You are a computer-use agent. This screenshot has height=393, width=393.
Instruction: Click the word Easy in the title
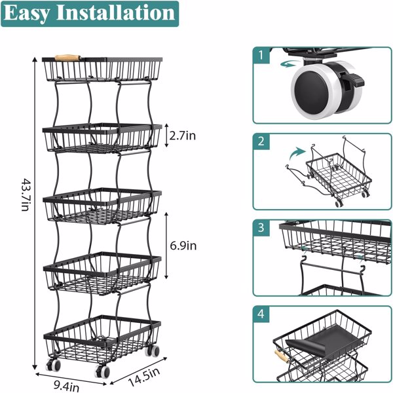pyautogui.click(x=27, y=13)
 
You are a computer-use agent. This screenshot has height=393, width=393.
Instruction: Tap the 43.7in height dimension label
pyautogui.click(x=26, y=195)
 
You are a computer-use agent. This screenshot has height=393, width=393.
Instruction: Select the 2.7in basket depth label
pyautogui.click(x=183, y=136)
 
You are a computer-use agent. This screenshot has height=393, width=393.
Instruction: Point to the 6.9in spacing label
pyautogui.click(x=183, y=246)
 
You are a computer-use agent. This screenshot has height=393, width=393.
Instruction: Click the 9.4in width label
pyautogui.click(x=67, y=386)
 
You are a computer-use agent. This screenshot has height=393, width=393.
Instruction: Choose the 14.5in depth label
pyautogui.click(x=144, y=377)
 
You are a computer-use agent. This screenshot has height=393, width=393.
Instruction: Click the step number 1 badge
pyautogui.click(x=261, y=55)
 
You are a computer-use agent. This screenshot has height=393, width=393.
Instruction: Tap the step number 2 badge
pyautogui.click(x=261, y=141)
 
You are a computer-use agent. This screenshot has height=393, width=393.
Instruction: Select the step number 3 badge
pyautogui.click(x=261, y=227)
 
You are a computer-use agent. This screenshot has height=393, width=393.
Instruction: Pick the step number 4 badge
pyautogui.click(x=261, y=314)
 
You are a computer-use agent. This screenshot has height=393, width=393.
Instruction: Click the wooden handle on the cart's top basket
pyautogui.click(x=67, y=58)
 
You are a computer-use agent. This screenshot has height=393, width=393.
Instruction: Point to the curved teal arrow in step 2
pyautogui.click(x=297, y=154)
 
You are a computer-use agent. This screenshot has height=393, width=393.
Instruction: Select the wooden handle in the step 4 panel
pyautogui.click(x=282, y=356)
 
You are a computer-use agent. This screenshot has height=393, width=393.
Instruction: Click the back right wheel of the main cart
pyautogui.click(x=153, y=350)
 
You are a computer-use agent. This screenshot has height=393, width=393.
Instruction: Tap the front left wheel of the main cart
pyautogui.click(x=54, y=365)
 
